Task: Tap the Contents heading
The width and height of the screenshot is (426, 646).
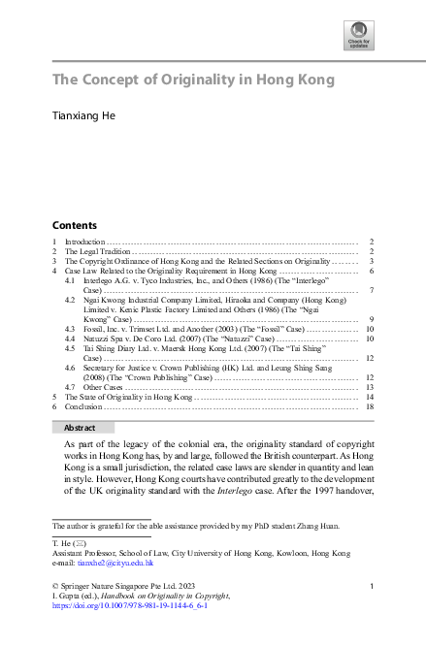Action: click(74, 223)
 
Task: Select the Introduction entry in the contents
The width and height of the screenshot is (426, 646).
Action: click(84, 241)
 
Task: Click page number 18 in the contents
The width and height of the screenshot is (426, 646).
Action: click(371, 407)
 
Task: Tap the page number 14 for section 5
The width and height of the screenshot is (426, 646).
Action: click(371, 397)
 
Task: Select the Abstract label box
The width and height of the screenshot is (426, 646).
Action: click(80, 428)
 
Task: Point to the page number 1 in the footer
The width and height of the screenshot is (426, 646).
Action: click(373, 587)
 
